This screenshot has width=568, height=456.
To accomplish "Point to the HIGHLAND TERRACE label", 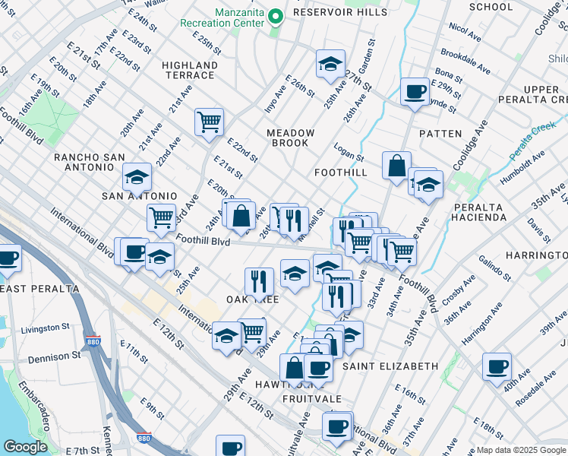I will tap(189, 70).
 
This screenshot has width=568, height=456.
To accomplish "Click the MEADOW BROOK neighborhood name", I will tap(291, 138).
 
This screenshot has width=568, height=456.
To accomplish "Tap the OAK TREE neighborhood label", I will tap(252, 299).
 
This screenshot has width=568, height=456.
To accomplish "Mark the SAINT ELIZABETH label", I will tap(390, 366).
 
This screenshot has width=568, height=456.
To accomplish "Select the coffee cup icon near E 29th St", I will tap(415, 93).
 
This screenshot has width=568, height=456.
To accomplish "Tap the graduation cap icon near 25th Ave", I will tap(330, 65).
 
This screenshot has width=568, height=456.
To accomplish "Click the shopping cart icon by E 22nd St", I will tap(209, 121).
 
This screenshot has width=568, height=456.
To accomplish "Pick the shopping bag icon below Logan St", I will tap(396, 166).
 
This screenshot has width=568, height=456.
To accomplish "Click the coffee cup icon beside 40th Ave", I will tap(497, 366).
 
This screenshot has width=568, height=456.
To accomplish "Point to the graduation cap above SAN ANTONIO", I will tap(137, 176).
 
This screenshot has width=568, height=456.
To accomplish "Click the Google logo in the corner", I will tap(24, 446).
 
